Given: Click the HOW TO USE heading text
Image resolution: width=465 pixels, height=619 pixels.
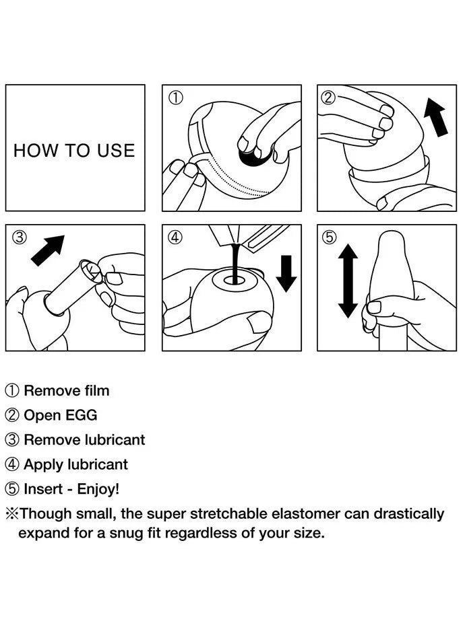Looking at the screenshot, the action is pyautogui.click(x=74, y=151).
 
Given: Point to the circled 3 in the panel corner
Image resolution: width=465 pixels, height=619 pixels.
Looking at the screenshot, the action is pyautogui.click(x=20, y=238).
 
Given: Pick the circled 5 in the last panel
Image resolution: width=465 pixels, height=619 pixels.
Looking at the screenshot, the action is pyautogui.click(x=329, y=238).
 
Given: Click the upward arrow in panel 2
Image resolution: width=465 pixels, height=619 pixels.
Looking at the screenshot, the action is pyautogui.click(x=436, y=117).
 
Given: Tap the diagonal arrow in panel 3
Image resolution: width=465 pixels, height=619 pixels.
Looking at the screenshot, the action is pyautogui.click(x=48, y=250).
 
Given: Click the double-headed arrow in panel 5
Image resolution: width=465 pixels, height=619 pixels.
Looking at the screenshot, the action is pyautogui.click(x=348, y=281).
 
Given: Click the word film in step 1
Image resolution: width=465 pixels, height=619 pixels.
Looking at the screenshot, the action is pyautogui.click(x=97, y=390).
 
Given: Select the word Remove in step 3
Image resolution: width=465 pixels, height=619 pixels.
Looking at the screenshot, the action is pyautogui.click(x=52, y=439).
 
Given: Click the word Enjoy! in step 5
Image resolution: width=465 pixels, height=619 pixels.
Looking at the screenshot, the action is pyautogui.click(x=98, y=490).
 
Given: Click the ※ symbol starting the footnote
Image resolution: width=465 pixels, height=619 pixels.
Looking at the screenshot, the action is pyautogui.click(x=12, y=514).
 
